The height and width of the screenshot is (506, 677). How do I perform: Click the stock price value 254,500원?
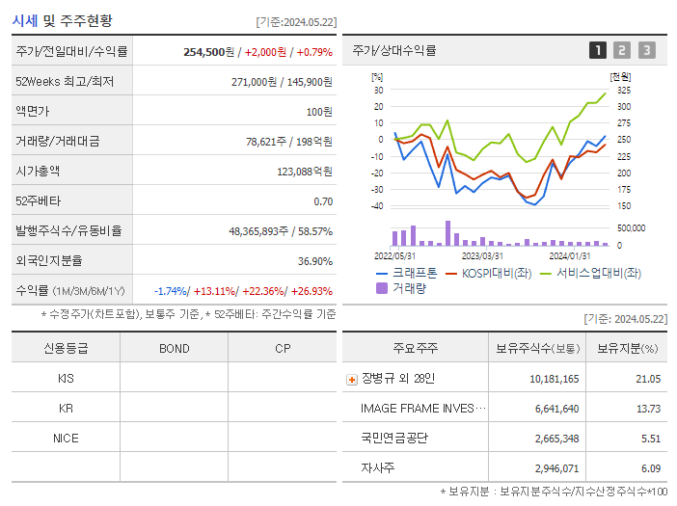pos(209,52)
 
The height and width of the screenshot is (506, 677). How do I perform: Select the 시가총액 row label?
pos(38,172)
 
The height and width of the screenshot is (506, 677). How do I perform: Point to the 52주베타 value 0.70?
pos(323,201)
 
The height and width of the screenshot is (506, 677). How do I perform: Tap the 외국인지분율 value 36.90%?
pos(315,261)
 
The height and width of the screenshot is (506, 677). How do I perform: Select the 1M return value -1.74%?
pos(173,291)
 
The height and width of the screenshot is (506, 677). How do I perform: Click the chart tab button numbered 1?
pos(598,50)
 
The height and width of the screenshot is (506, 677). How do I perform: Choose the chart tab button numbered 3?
pos(646,50)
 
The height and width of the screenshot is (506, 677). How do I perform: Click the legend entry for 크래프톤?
pos(407,274)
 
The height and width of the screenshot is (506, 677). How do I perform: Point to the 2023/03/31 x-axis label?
pos(482,255)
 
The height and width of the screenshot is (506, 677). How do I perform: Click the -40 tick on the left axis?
pos(377,205)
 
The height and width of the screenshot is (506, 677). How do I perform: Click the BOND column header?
pos(174,348)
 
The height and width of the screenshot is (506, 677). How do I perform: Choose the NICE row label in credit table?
pos(66,438)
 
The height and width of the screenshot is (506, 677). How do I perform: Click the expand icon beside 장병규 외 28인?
pos(351,379)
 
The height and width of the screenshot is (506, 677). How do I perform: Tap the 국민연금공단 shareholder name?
pos(393,438)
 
